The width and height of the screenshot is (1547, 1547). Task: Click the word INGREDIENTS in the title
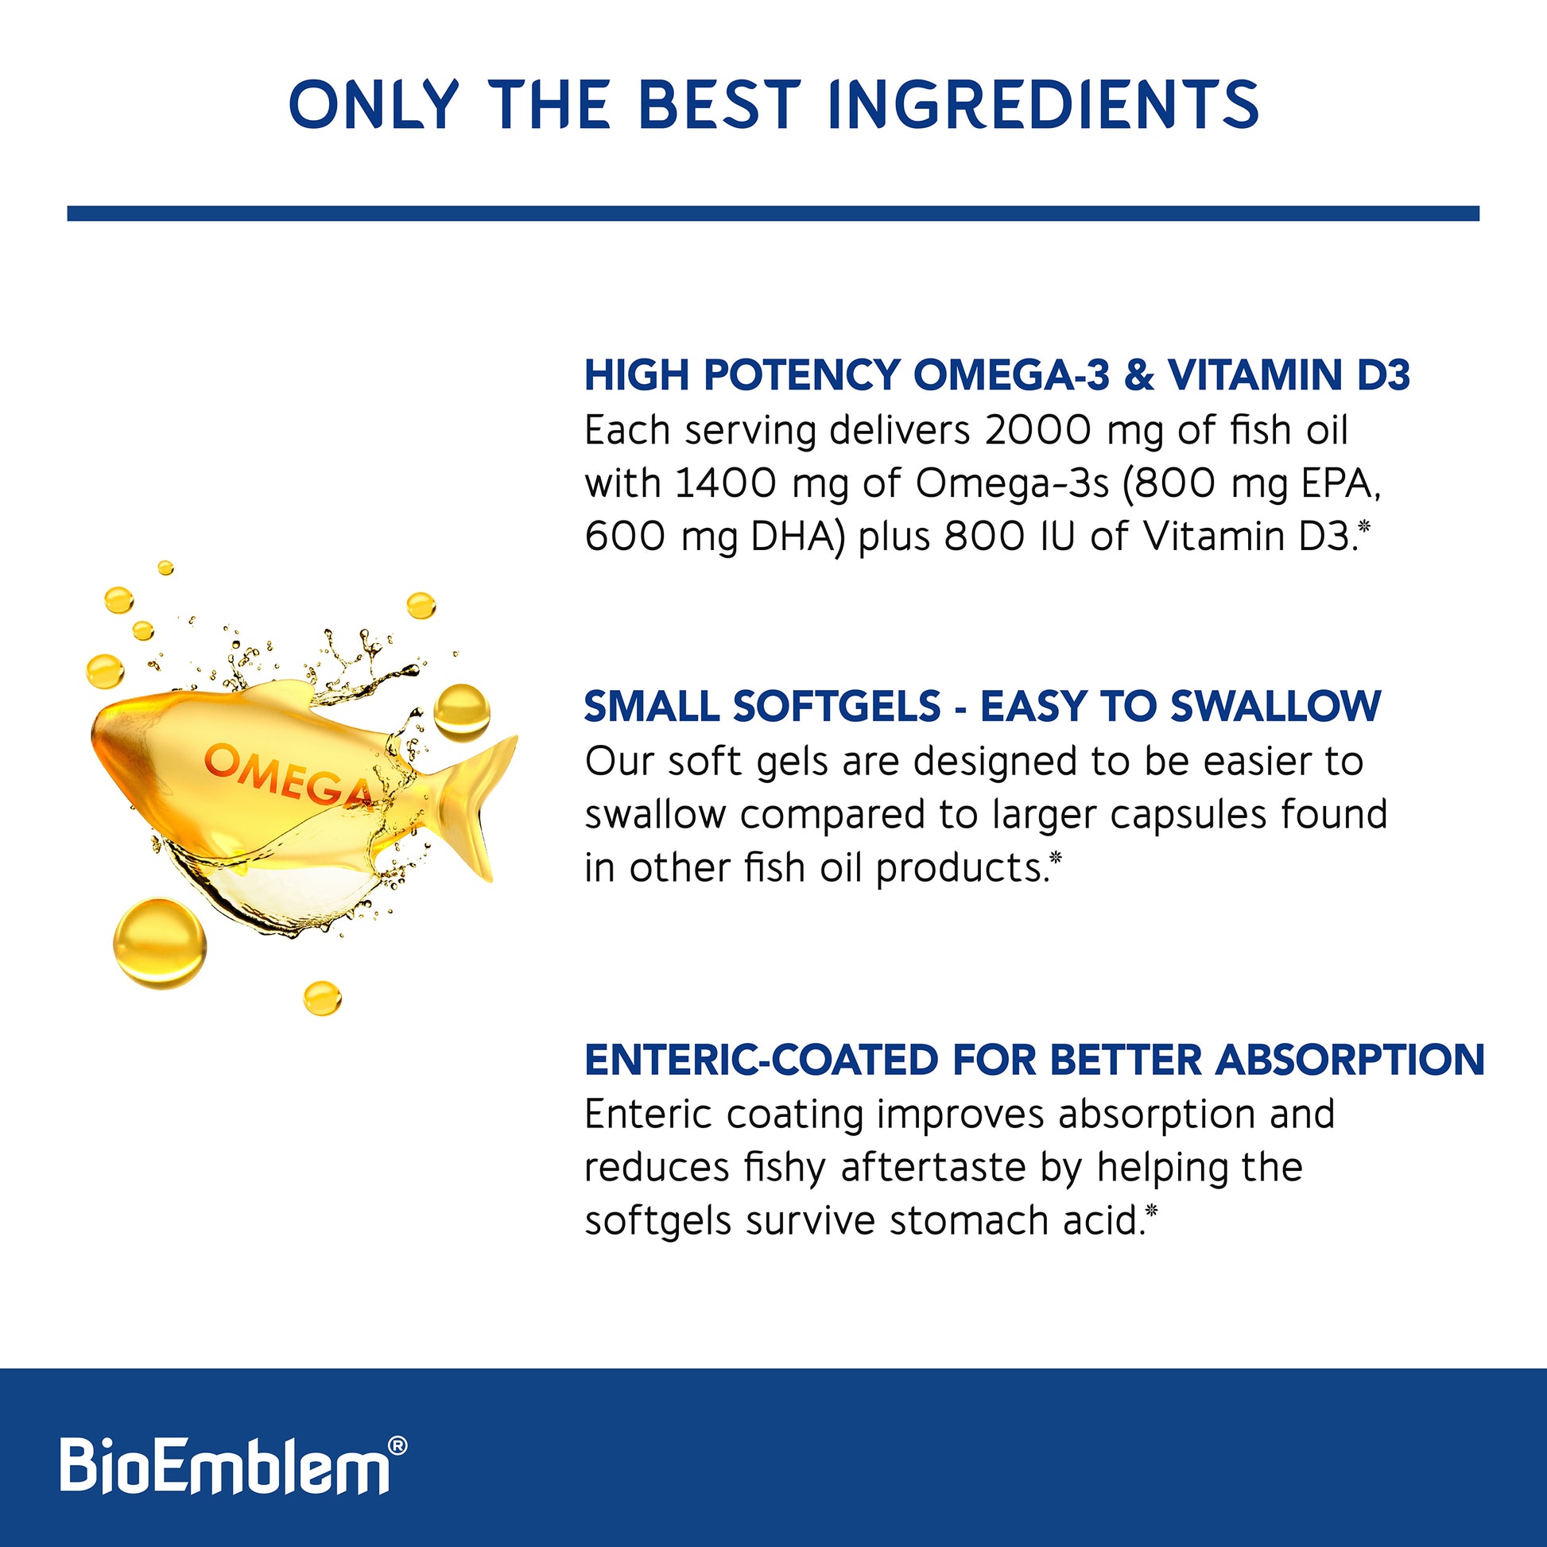pos(1044,104)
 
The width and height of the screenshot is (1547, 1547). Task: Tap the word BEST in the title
pos(720,104)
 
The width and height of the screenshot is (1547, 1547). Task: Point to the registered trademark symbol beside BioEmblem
pos(397,1445)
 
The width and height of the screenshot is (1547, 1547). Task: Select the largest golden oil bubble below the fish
pos(160,944)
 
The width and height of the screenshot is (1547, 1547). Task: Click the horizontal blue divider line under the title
pos(773,213)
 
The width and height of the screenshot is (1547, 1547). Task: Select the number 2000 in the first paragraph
pos(1037,431)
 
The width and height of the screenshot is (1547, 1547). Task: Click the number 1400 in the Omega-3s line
pos(727,483)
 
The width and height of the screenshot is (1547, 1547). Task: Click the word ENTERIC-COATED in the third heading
pos(761,1060)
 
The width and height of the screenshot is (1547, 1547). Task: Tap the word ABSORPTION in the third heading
pos(1350,1060)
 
